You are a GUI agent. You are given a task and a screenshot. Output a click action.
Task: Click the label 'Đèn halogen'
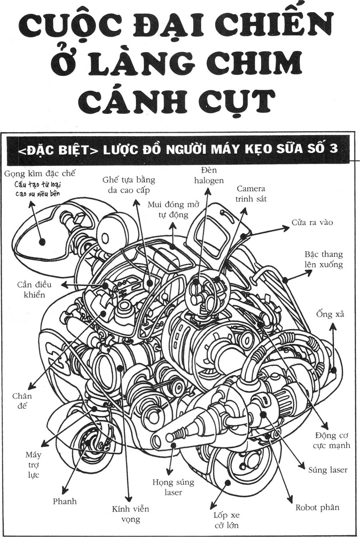coord(209,175)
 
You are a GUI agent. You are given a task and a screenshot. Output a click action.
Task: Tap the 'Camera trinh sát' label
coord(251,194)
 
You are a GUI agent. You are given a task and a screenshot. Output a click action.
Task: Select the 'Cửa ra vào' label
coord(312,222)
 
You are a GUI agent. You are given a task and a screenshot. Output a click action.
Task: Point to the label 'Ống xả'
coord(330,314)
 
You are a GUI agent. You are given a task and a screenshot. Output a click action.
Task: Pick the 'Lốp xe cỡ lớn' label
coord(226,520)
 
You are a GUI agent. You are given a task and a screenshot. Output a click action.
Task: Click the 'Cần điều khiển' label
coord(34,289)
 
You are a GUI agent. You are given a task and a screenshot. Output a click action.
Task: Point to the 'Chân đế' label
coord(22,401)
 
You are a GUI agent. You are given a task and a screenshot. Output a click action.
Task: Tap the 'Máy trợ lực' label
coord(34,465)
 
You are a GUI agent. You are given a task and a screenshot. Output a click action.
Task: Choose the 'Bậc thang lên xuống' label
coord(324,259)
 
